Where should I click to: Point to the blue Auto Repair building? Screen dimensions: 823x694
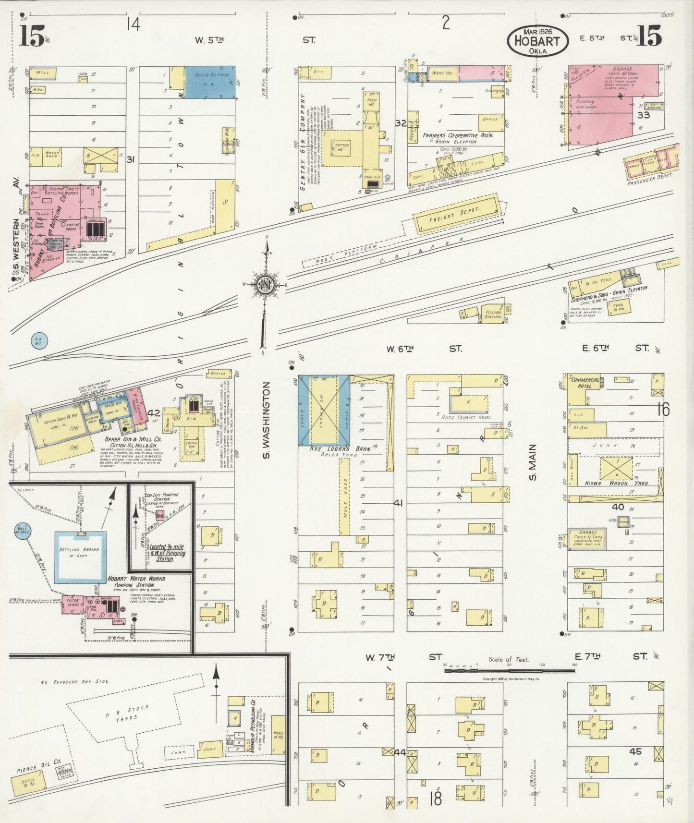[210, 82]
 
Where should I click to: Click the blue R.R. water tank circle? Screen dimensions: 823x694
[38, 341]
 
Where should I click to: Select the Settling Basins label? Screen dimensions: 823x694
[79, 549]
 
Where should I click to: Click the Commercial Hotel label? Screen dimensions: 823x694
[585, 383]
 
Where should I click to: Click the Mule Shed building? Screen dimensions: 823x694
[344, 496]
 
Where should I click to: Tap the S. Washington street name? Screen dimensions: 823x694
[268, 420]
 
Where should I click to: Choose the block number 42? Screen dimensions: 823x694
[154, 413]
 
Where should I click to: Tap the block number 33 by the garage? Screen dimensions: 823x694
[643, 115]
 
